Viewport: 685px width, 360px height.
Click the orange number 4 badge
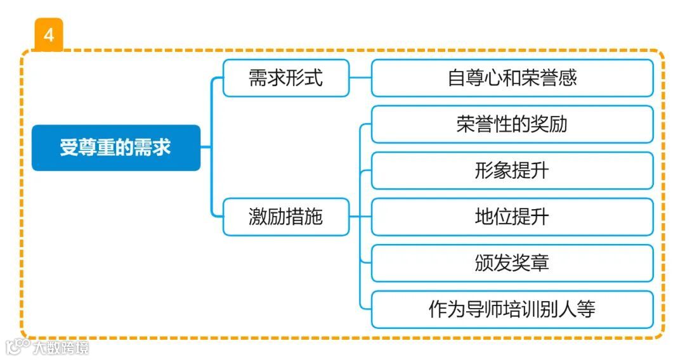coord(49,35)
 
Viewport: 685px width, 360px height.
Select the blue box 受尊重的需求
coord(116,148)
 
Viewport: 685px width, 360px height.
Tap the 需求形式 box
coord(285,78)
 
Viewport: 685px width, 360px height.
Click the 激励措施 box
coord(285,217)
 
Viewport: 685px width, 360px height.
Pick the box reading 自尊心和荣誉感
coord(512,78)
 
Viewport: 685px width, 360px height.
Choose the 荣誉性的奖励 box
coord(512,124)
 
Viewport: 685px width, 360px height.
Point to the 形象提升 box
coord(512,170)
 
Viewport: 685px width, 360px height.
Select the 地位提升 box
coord(512,217)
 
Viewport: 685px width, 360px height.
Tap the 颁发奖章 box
coord(512,263)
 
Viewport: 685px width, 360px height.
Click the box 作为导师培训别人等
coord(512,309)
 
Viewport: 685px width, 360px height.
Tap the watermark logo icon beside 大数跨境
coord(17,347)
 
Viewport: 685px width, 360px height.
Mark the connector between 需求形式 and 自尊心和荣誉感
coord(360,78)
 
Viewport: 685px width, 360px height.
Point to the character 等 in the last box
coord(586,309)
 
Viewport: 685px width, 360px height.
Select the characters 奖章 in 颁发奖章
coord(530,263)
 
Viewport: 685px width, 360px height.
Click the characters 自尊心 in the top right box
coord(476,78)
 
